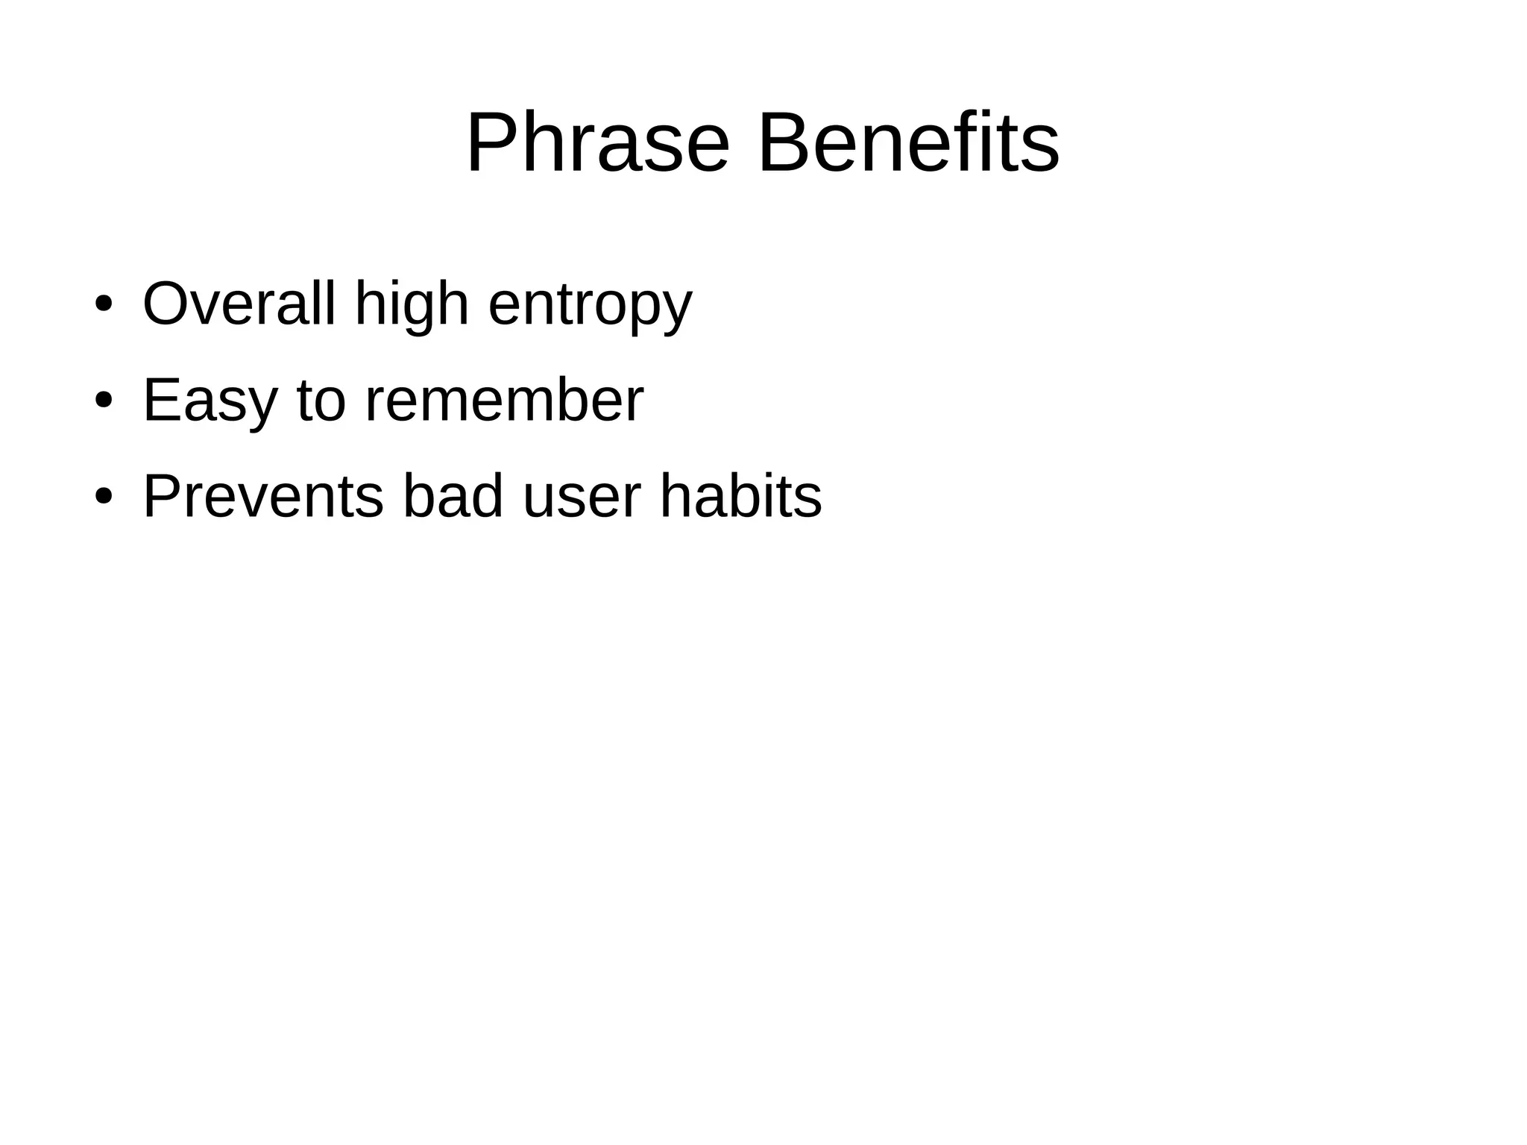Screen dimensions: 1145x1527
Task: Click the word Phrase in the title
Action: coord(597,142)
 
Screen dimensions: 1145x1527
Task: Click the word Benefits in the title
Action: coord(907,142)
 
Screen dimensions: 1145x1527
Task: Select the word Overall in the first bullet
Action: coord(239,304)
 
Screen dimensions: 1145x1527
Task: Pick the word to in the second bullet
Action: coord(321,401)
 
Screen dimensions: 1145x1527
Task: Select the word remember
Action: coord(504,401)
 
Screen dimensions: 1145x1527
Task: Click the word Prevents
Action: coord(262,497)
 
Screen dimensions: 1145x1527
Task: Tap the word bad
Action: coord(453,497)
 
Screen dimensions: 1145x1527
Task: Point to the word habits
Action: coord(740,497)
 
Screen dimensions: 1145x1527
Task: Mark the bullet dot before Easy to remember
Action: coord(104,401)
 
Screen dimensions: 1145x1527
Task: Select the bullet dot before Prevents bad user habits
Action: coord(104,497)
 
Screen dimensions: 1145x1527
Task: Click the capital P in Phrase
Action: coord(491,142)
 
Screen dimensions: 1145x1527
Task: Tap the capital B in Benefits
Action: coord(783,142)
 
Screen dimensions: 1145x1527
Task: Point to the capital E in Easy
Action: coord(161,401)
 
